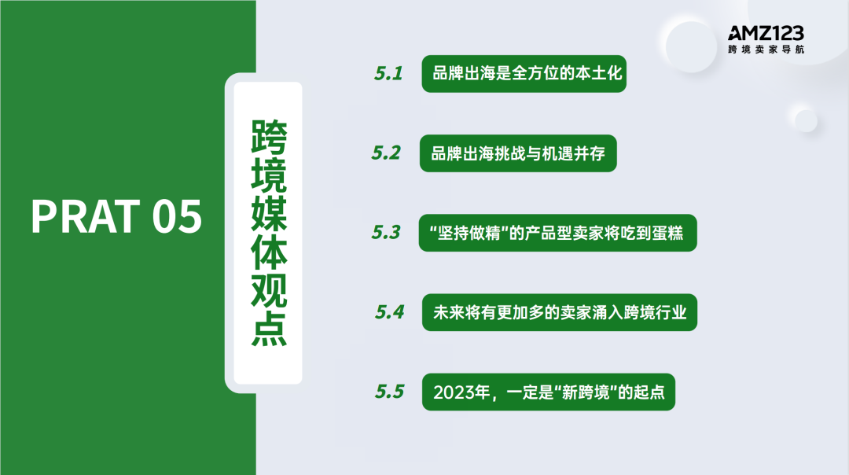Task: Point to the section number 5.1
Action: pos(388,74)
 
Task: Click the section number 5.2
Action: pos(386,153)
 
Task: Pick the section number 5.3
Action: pos(386,233)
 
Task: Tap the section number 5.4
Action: pos(389,312)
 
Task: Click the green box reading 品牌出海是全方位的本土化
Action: pos(524,74)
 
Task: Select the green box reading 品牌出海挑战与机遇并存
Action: pos(517,153)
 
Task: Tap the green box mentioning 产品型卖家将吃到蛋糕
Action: pos(557,234)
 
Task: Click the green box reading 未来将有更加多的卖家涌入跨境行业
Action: pos(559,313)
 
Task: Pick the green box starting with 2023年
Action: pos(548,392)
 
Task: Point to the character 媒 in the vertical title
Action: pos(268,215)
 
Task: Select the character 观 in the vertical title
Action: pos(268,293)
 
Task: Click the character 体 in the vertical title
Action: pos(268,254)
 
